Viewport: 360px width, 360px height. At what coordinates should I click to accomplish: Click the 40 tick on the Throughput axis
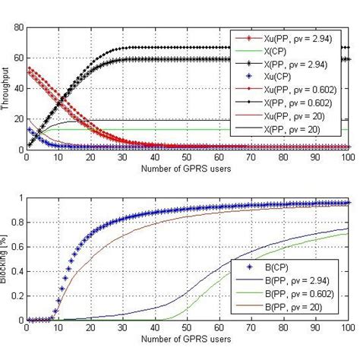(x=17, y=88)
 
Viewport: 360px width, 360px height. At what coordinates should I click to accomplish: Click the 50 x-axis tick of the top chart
(x=188, y=158)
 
